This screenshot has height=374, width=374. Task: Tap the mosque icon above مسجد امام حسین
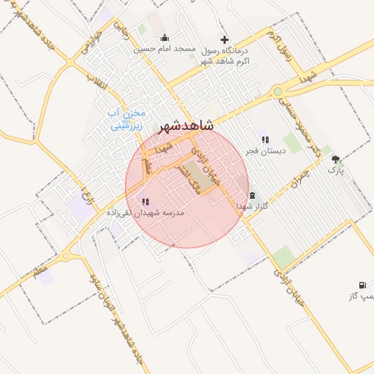point(164,38)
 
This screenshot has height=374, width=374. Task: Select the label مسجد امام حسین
point(165,49)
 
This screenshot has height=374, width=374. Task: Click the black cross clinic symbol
point(224,39)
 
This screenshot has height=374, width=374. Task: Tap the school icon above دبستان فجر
point(264,139)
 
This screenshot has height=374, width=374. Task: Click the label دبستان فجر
point(262,150)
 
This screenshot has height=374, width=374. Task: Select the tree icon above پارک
point(335,159)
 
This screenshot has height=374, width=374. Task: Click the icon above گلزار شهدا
point(253,195)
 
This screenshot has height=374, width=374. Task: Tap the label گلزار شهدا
point(254,207)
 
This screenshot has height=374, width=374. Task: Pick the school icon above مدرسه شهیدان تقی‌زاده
point(145,201)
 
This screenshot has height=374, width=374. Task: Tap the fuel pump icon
point(362,285)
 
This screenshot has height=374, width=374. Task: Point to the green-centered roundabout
point(278,91)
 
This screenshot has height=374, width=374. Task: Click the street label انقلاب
point(96,83)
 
